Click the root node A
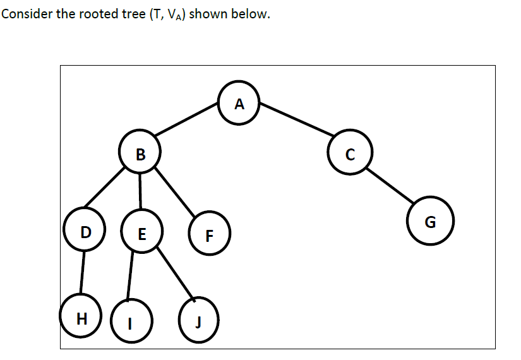238,104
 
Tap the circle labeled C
350,152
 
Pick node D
85,231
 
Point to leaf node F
210,236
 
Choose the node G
430,221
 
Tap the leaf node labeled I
129,321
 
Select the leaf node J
198,321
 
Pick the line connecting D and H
83,273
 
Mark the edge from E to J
174,272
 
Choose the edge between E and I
131,275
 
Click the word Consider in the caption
26,14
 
